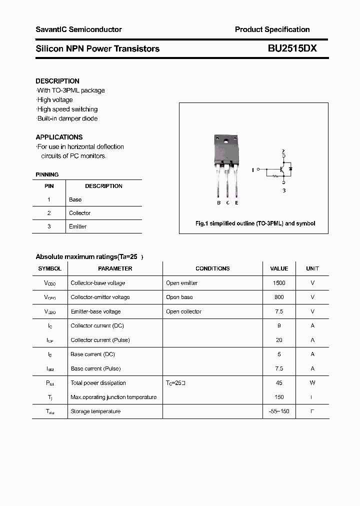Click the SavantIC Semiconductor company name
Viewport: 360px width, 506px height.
coord(78,29)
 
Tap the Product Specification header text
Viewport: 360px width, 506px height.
coord(272,29)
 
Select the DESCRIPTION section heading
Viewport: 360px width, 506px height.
coord(57,81)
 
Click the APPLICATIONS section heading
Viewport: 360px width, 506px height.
coord(59,137)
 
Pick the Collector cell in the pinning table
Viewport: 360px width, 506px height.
coord(79,213)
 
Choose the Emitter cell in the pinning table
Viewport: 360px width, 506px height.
coord(77,226)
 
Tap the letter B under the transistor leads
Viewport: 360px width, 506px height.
coord(219,202)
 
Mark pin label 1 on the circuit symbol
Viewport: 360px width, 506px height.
coord(253,170)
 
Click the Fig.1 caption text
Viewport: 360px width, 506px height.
coord(255,223)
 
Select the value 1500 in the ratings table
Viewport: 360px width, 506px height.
coord(279,283)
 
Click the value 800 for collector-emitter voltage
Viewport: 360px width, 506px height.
coord(279,297)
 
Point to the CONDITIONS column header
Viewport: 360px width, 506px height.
coord(212,268)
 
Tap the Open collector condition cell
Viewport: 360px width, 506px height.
coord(183,311)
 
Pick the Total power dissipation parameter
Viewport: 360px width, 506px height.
coord(98,383)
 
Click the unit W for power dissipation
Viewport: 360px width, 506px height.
coord(312,383)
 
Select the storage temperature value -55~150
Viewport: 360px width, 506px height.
coord(279,411)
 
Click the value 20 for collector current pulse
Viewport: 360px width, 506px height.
coord(279,340)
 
